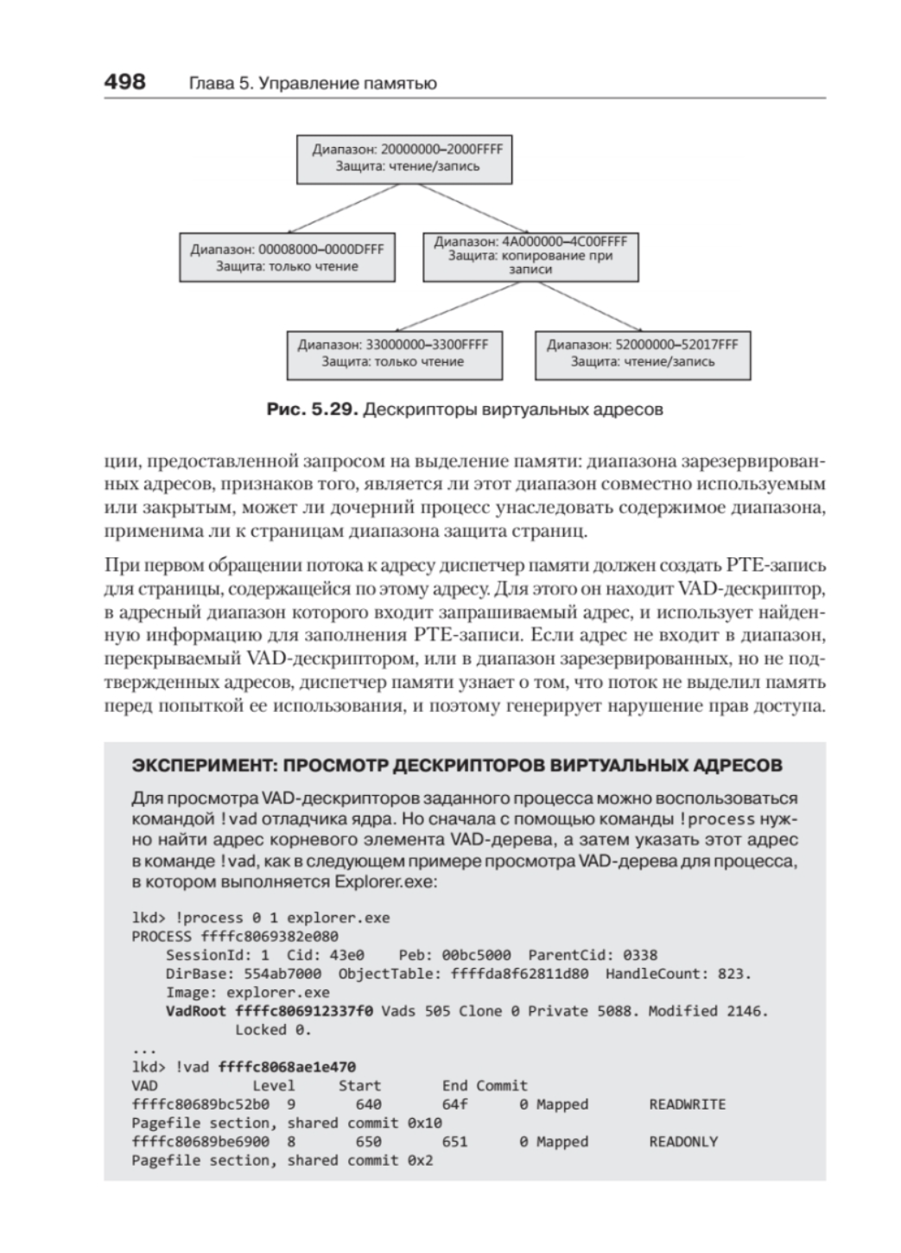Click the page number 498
pyautogui.click(x=124, y=82)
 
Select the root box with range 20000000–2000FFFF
pyautogui.click(x=404, y=158)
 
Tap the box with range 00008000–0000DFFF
pyautogui.click(x=287, y=257)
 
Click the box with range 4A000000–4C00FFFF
pyautogui.click(x=530, y=256)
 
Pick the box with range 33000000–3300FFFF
pyautogui.click(x=394, y=353)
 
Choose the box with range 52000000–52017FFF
pyautogui.click(x=642, y=353)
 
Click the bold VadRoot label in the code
pyautogui.click(x=195, y=1011)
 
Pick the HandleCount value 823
pyautogui.click(x=734, y=974)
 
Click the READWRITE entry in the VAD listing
pyautogui.click(x=687, y=1104)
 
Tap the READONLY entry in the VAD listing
pyautogui.click(x=682, y=1142)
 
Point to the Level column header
pyautogui.click(x=273, y=1086)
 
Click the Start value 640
pyautogui.click(x=368, y=1104)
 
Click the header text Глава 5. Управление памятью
pyautogui.click(x=312, y=84)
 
